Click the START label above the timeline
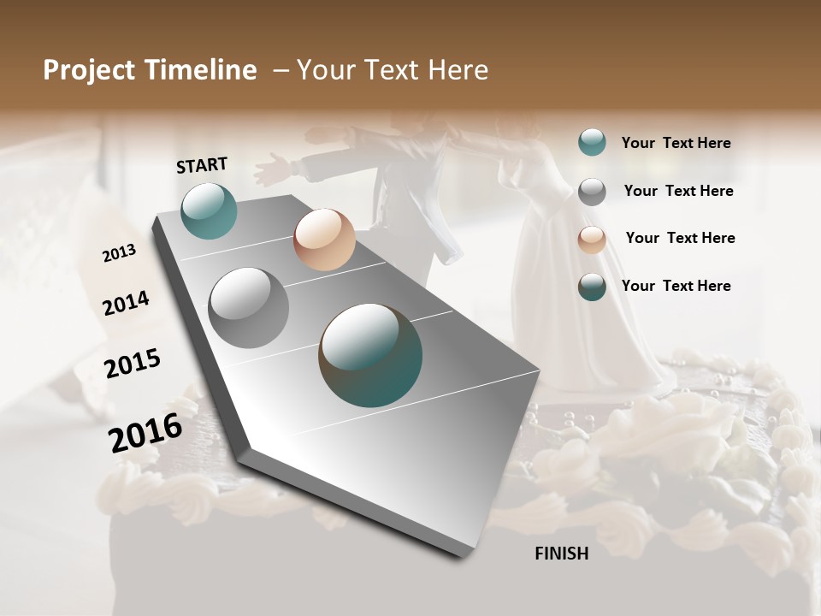(x=202, y=165)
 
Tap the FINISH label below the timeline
(x=561, y=554)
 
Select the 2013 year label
(x=119, y=253)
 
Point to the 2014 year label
(x=126, y=304)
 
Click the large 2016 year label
(x=145, y=432)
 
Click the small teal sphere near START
(x=209, y=210)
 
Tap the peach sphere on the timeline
(x=324, y=240)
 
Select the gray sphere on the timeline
(x=249, y=307)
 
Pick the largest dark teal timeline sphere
(x=370, y=354)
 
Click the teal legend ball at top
(x=592, y=142)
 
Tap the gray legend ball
(x=592, y=192)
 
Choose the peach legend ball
(x=592, y=240)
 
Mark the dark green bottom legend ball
(x=592, y=287)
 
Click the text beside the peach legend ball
(x=680, y=238)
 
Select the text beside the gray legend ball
(x=678, y=191)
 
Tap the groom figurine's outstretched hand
(x=269, y=166)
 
